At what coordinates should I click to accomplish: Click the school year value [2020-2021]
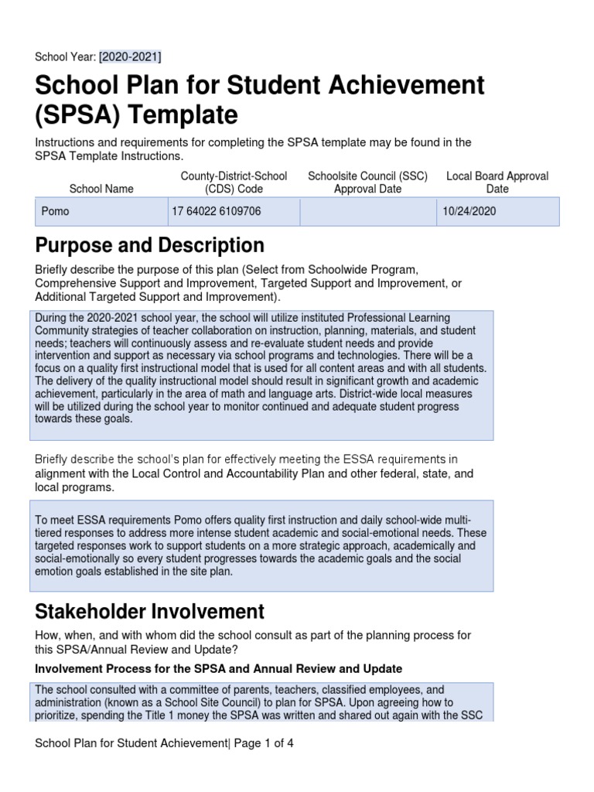pos(130,56)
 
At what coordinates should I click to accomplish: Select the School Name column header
pos(101,189)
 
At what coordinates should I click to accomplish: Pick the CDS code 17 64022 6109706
pos(217,211)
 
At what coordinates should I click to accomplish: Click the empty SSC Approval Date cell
pos(367,211)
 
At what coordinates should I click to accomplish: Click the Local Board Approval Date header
pos(497,183)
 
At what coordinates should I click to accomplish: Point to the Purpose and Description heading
pos(149,246)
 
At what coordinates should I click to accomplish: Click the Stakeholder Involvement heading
pos(149,612)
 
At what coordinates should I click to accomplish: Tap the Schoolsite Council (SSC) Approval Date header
pos(367,183)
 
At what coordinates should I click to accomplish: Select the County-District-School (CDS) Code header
pos(234,183)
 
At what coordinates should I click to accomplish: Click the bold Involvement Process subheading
pos(218,668)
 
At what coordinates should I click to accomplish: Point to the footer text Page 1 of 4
pos(263,743)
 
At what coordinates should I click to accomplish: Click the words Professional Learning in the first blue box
pos(428,319)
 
